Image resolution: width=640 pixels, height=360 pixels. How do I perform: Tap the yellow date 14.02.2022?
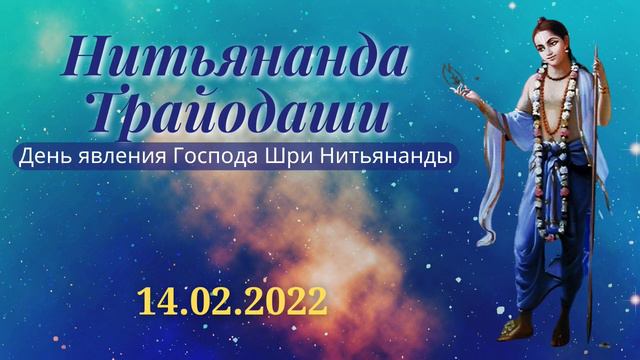(x=232, y=297)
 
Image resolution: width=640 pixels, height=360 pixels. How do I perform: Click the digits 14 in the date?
(x=157, y=297)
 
